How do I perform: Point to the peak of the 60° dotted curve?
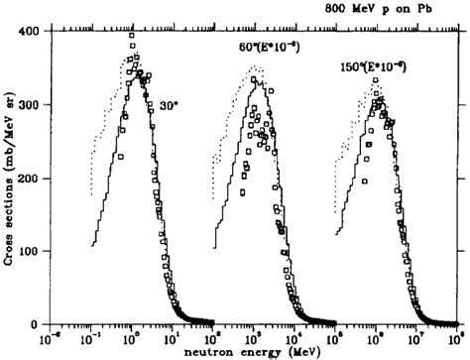pyautogui.click(x=256, y=67)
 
